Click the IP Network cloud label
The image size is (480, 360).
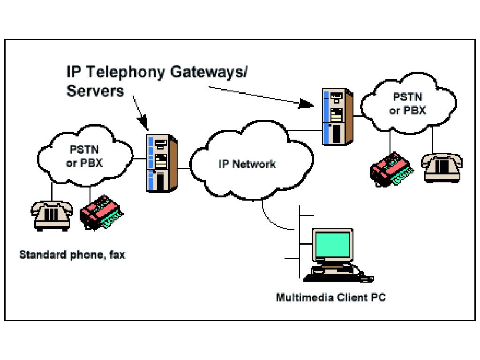coord(247,164)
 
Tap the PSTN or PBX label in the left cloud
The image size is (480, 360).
coord(84,156)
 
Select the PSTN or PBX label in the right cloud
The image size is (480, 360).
coord(407,104)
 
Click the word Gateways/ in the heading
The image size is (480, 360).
coord(209,72)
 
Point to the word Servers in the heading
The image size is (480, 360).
coord(95,91)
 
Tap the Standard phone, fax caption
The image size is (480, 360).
coord(72,255)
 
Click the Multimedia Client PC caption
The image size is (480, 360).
coord(331,298)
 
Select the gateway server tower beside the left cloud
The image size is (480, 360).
coord(162,164)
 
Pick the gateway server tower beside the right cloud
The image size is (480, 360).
coord(337,117)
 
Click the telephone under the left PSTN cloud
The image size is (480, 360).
coord(52,216)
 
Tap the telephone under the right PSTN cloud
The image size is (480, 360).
coord(442,168)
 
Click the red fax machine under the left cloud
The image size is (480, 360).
coord(101,212)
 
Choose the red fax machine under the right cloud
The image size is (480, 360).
coord(391,169)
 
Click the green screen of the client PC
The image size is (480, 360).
coord(333,245)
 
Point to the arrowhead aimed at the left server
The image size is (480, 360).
coord(143,123)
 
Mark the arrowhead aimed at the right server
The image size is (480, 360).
coord(307,103)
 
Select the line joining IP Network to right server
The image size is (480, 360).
coord(305,131)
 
